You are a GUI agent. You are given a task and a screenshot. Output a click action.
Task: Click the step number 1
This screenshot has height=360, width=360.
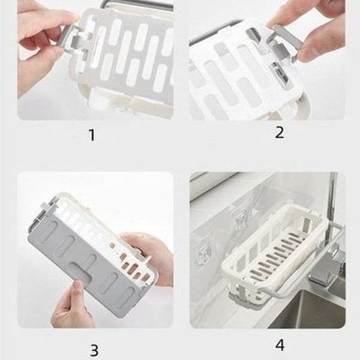(91, 136)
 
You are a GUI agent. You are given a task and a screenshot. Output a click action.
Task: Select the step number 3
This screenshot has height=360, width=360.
(94, 349)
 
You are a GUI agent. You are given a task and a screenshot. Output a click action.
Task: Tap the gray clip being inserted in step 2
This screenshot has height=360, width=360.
(282, 48)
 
